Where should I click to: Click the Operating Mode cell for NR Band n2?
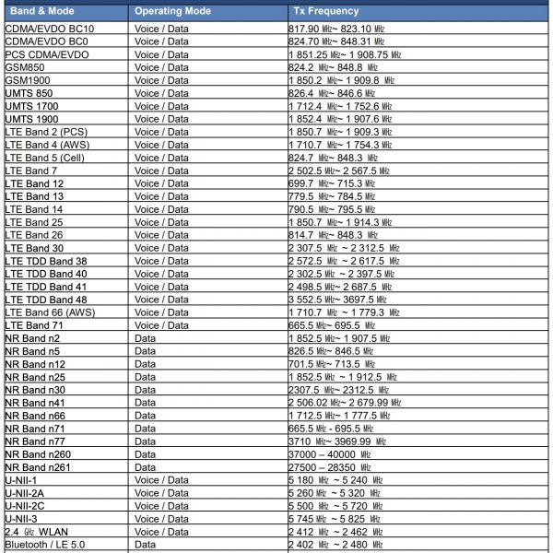tap(146, 338)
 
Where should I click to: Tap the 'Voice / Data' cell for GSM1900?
tap(161, 80)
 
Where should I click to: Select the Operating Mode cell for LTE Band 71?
tap(161, 325)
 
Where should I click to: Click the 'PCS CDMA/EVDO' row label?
tap(47, 54)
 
